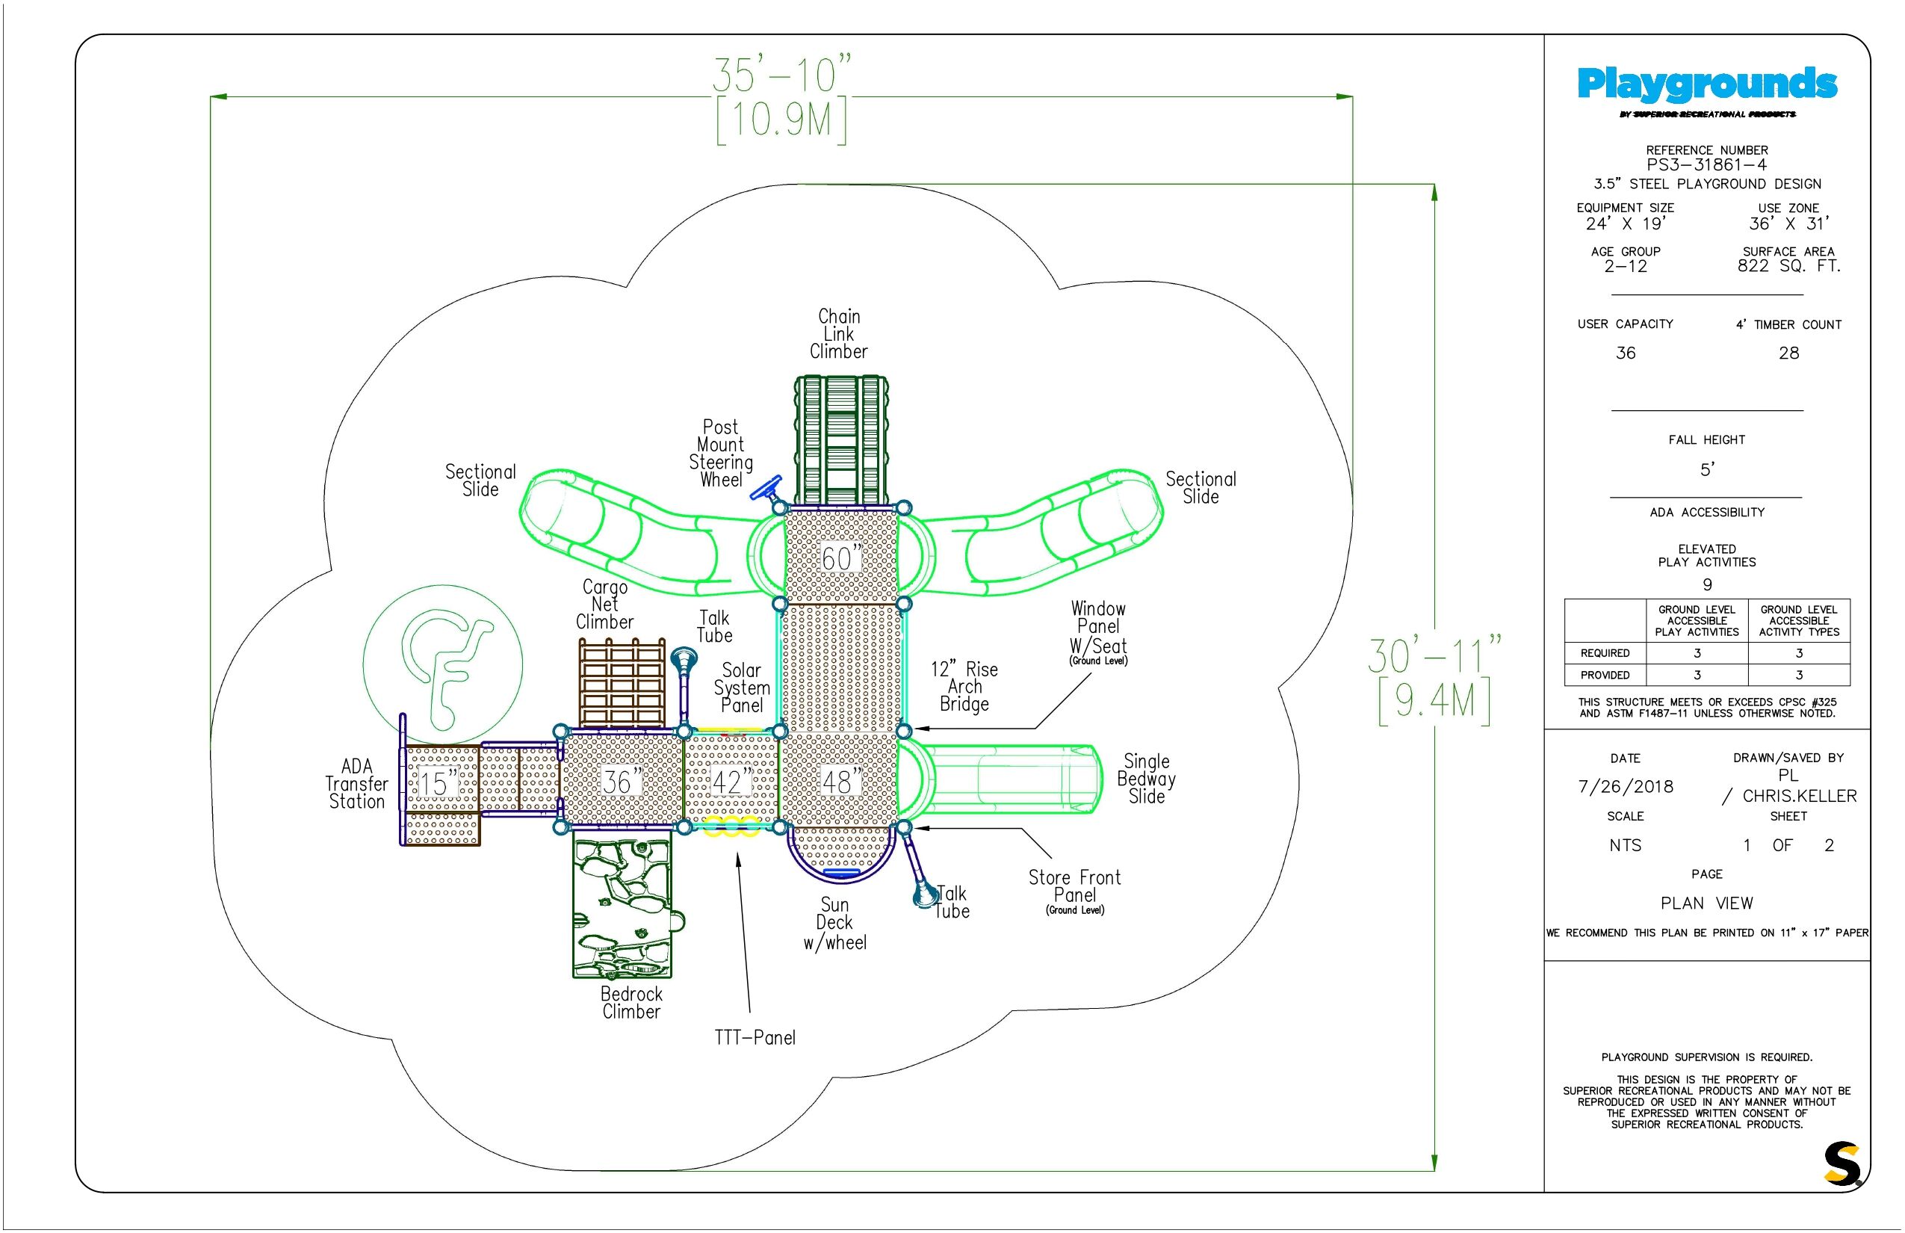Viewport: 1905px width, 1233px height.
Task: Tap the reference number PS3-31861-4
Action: (x=1706, y=165)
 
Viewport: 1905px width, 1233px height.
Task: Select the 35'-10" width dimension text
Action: (x=782, y=75)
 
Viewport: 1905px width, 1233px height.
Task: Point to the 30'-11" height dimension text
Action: (x=1434, y=656)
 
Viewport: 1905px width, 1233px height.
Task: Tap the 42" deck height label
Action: (x=730, y=782)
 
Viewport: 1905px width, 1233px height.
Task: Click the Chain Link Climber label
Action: (x=838, y=334)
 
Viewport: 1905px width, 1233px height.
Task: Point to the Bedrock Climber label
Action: (x=631, y=1002)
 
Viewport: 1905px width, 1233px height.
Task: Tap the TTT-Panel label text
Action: (x=755, y=1038)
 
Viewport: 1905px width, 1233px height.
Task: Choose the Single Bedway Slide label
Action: (x=1146, y=778)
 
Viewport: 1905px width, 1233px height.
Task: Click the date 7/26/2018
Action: (x=1625, y=786)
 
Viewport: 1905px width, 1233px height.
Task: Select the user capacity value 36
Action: (x=1625, y=353)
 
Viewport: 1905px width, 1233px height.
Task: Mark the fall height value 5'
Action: (x=1706, y=469)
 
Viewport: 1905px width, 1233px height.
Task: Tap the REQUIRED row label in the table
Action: (x=1605, y=653)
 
